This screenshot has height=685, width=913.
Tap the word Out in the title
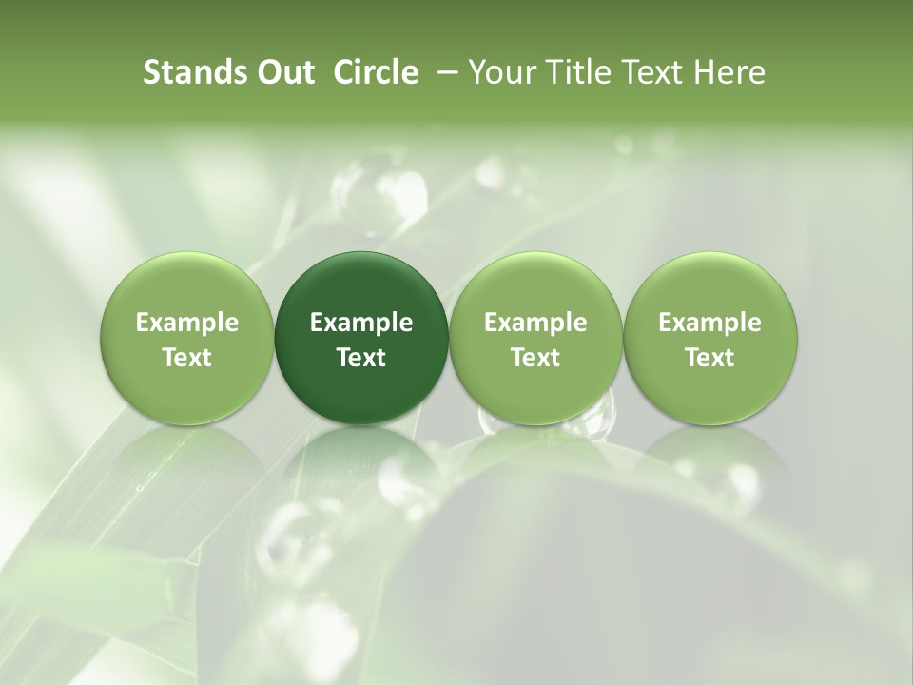pyautogui.click(x=283, y=72)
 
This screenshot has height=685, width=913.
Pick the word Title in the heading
pyautogui.click(x=576, y=72)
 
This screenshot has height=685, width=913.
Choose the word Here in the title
pyautogui.click(x=728, y=72)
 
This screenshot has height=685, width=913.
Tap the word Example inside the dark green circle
pyautogui.click(x=361, y=323)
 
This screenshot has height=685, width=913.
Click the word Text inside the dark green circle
pyautogui.click(x=361, y=358)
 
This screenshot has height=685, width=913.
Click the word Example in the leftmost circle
pyautogui.click(x=186, y=323)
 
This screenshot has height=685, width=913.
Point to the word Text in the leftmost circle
pyautogui.click(x=186, y=358)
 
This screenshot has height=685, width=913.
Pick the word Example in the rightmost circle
pyautogui.click(x=709, y=323)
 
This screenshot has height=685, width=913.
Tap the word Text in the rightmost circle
pyautogui.click(x=709, y=358)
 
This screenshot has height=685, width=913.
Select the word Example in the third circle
pyautogui.click(x=535, y=323)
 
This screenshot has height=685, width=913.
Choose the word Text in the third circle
pyautogui.click(x=535, y=358)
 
